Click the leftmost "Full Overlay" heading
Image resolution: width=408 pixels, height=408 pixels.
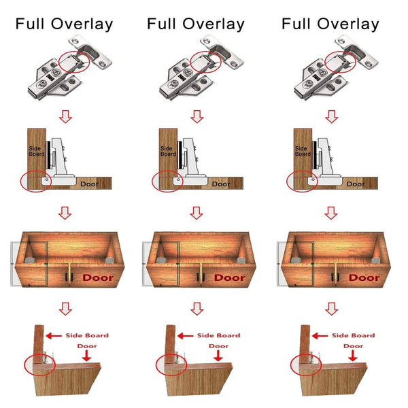click(x=65, y=24)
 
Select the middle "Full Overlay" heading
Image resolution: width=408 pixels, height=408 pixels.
click(x=196, y=24)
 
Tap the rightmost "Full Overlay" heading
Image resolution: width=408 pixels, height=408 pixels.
click(x=330, y=24)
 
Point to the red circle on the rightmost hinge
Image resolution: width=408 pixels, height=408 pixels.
click(x=341, y=60)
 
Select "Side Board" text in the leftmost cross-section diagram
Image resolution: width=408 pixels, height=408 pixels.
click(x=36, y=150)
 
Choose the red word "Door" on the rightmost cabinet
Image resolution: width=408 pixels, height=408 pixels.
click(x=364, y=277)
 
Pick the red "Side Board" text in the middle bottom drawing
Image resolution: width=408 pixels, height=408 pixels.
click(x=219, y=335)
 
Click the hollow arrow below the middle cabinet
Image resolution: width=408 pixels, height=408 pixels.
click(x=197, y=309)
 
